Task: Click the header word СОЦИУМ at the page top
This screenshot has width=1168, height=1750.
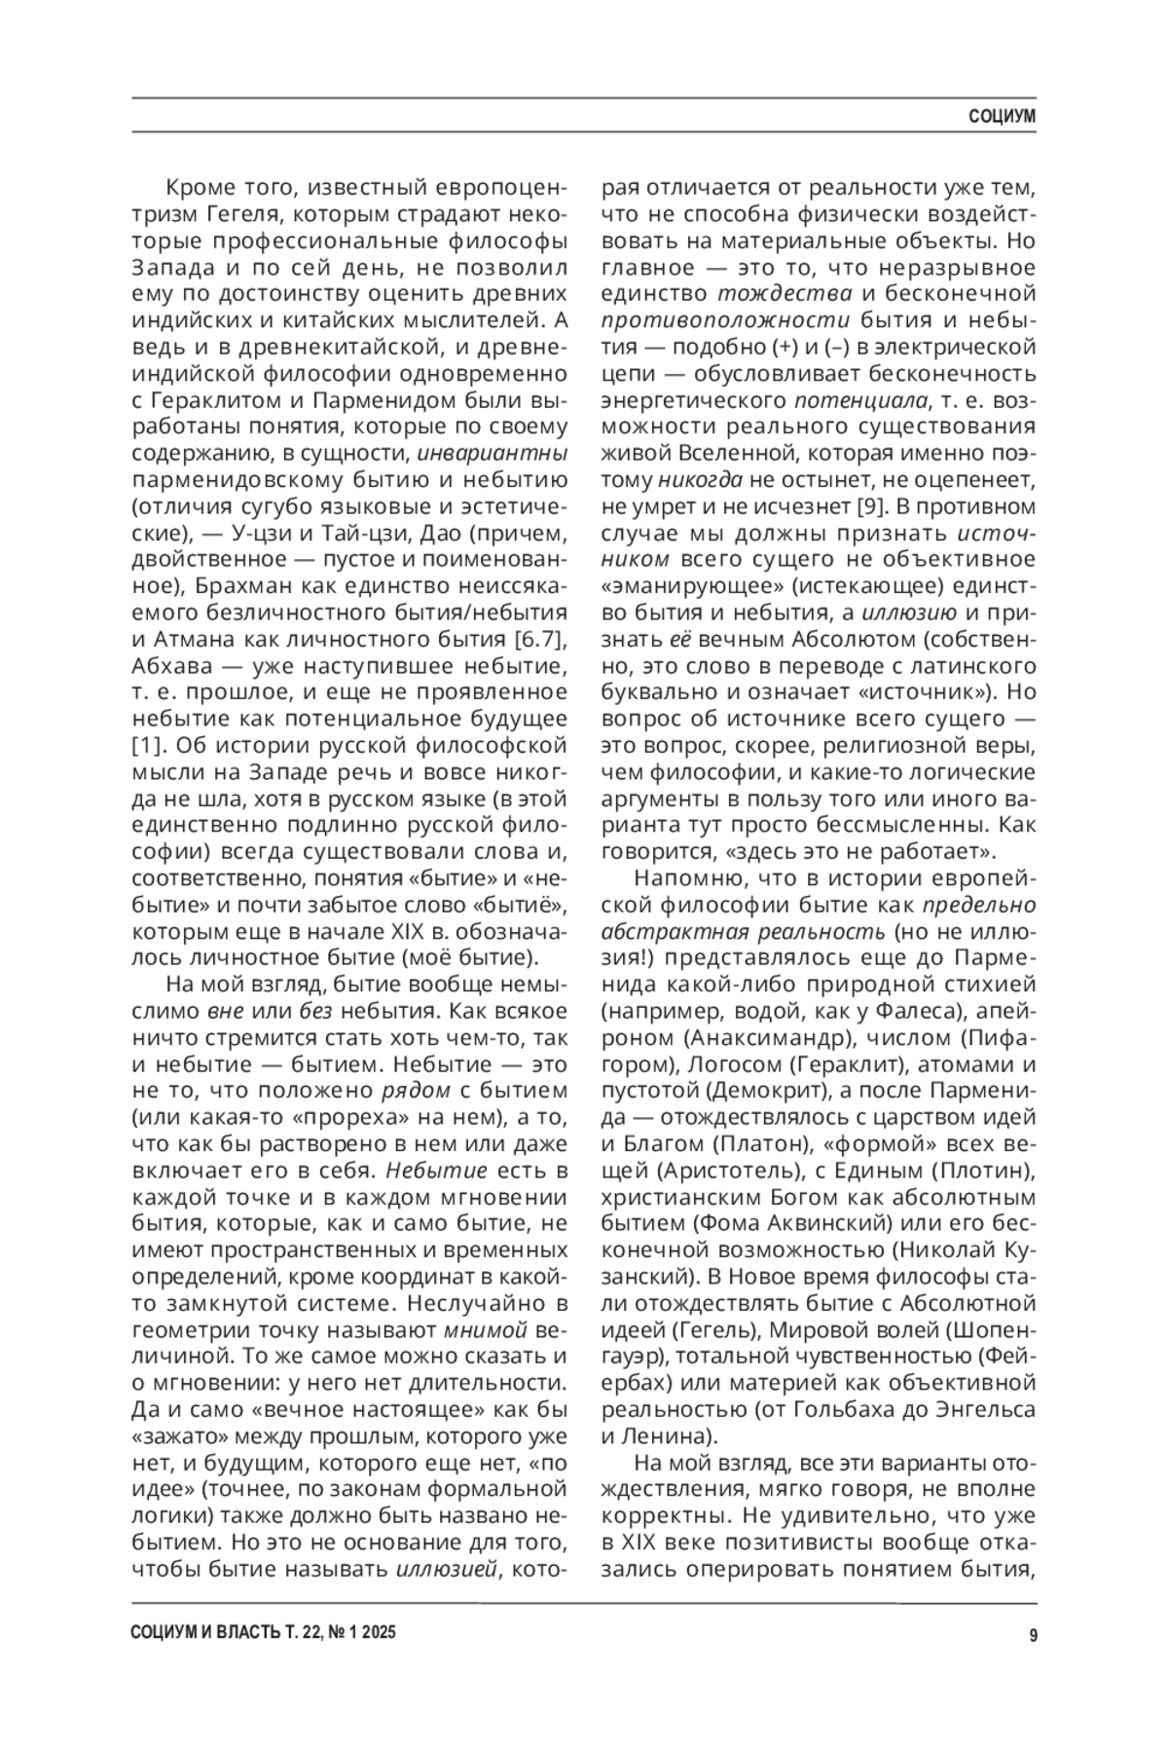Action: (1002, 117)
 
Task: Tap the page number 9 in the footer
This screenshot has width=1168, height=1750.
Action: (1032, 1636)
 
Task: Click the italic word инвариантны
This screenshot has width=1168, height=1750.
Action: (493, 453)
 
